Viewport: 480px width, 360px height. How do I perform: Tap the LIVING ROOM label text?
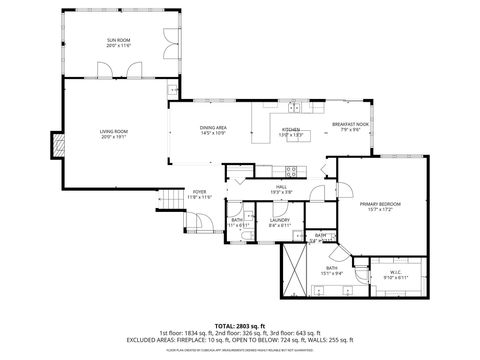coord(112,134)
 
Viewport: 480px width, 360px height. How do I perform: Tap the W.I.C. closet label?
coord(395,272)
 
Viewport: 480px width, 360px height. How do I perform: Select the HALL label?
coord(283,189)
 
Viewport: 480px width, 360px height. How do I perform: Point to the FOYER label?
coord(200,194)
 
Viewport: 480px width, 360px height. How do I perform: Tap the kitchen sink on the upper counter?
coord(294,105)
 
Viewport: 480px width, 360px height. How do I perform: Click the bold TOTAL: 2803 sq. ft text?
coord(239,324)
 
